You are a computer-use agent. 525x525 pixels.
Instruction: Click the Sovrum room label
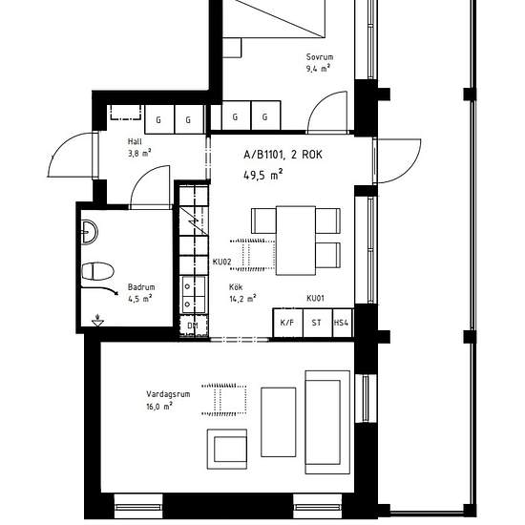320,57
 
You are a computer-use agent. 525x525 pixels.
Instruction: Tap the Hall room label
135,141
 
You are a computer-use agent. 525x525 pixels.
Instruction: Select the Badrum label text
141,287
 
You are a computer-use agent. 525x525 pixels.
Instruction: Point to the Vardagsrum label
168,394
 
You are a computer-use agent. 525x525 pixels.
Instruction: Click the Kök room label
236,287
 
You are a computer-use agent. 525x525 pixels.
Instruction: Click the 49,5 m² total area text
263,175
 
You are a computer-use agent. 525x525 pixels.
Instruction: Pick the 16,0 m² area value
159,407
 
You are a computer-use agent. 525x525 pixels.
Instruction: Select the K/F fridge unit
288,323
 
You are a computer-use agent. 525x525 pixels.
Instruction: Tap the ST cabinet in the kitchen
318,323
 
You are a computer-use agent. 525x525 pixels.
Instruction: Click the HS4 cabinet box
342,323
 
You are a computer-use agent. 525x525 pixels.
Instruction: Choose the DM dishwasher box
193,325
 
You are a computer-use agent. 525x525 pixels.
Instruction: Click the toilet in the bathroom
97,271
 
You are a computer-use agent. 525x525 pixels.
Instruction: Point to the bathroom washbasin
90,231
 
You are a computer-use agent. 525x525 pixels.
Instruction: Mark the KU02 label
222,262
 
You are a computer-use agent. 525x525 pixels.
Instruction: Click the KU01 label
315,298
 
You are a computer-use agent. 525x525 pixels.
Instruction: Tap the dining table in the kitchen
296,241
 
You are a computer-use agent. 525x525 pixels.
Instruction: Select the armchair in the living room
227,449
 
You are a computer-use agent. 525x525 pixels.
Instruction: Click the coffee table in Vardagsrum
279,422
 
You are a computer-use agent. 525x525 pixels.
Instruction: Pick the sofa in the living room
327,422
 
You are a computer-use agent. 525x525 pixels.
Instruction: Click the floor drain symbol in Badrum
97,321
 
